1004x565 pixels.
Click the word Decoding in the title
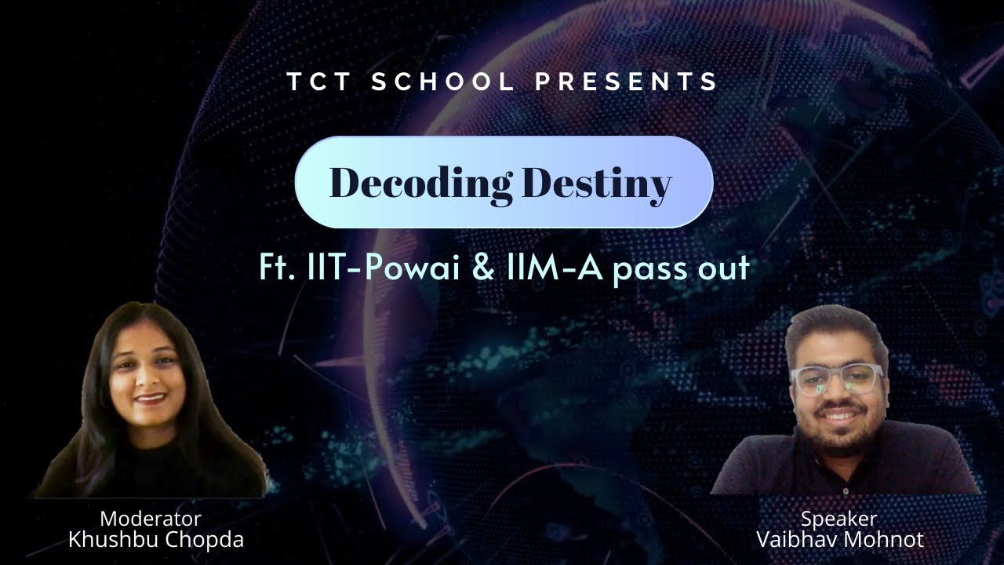pos(420,183)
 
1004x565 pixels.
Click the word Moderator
pos(151,519)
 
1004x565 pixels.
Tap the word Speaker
pos(838,519)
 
